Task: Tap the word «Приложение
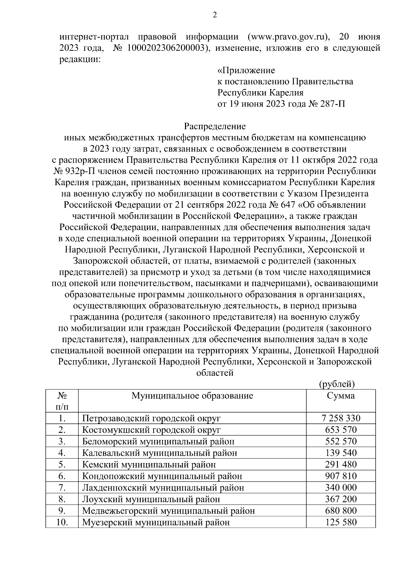[x=246, y=70]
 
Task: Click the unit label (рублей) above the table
[x=337, y=384]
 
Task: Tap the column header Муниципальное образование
[x=192, y=396]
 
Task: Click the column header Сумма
[x=341, y=396]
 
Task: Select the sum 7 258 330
[x=341, y=419]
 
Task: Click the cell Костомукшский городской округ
[x=151, y=430]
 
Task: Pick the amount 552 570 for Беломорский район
[x=341, y=442]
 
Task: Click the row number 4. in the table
[x=62, y=453]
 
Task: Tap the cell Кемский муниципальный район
[x=149, y=465]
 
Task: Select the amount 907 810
[x=341, y=476]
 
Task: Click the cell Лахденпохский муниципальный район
[x=163, y=488]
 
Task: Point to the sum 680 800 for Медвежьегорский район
[x=341, y=511]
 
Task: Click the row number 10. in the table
[x=62, y=522]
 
